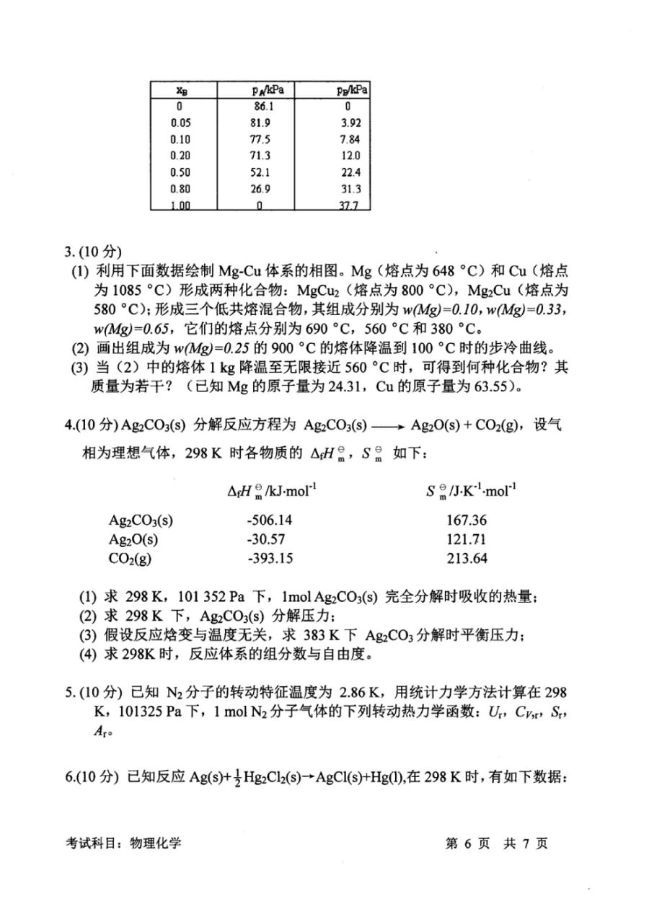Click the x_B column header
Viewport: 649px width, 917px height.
click(x=182, y=90)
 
